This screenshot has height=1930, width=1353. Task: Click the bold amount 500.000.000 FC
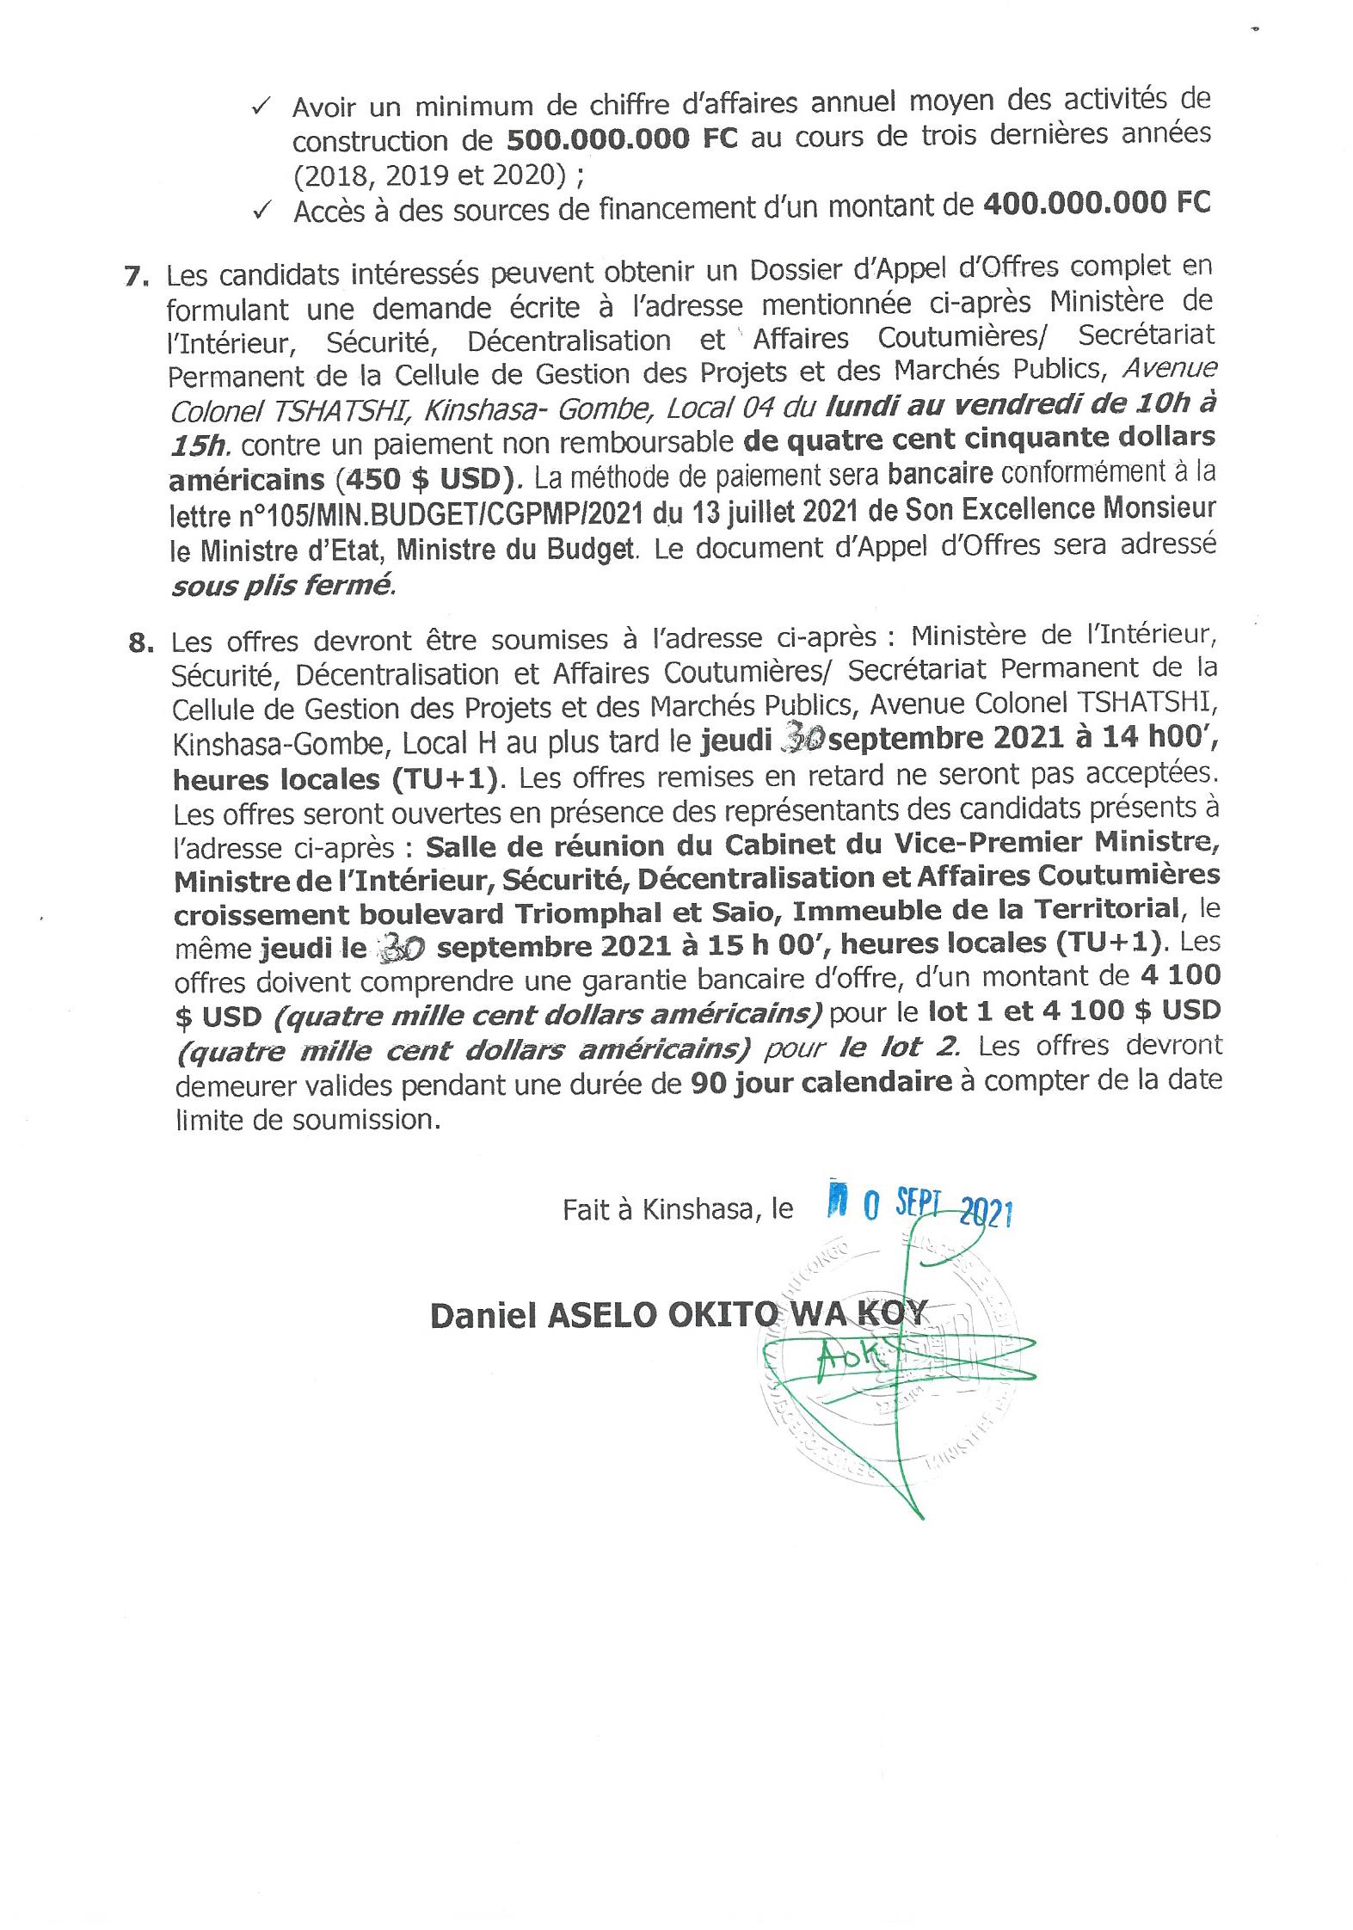[622, 139]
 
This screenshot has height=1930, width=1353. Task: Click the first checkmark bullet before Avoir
[261, 108]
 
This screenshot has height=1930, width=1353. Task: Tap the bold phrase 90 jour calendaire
[821, 1082]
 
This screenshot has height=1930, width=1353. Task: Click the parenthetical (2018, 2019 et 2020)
[428, 175]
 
